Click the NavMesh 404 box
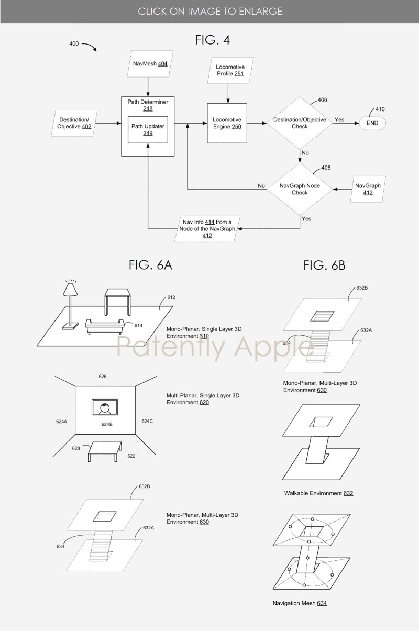coord(148,63)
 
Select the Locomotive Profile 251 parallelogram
coord(230,70)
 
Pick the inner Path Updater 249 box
coord(148,130)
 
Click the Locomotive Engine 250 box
coord(227,123)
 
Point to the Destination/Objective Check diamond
coord(300,123)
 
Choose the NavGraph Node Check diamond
coord(300,189)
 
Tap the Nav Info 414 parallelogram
coord(207,229)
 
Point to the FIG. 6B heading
coord(324,265)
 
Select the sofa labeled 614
coord(104,326)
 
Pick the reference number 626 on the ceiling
coord(103,377)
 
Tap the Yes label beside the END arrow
coord(339,120)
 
